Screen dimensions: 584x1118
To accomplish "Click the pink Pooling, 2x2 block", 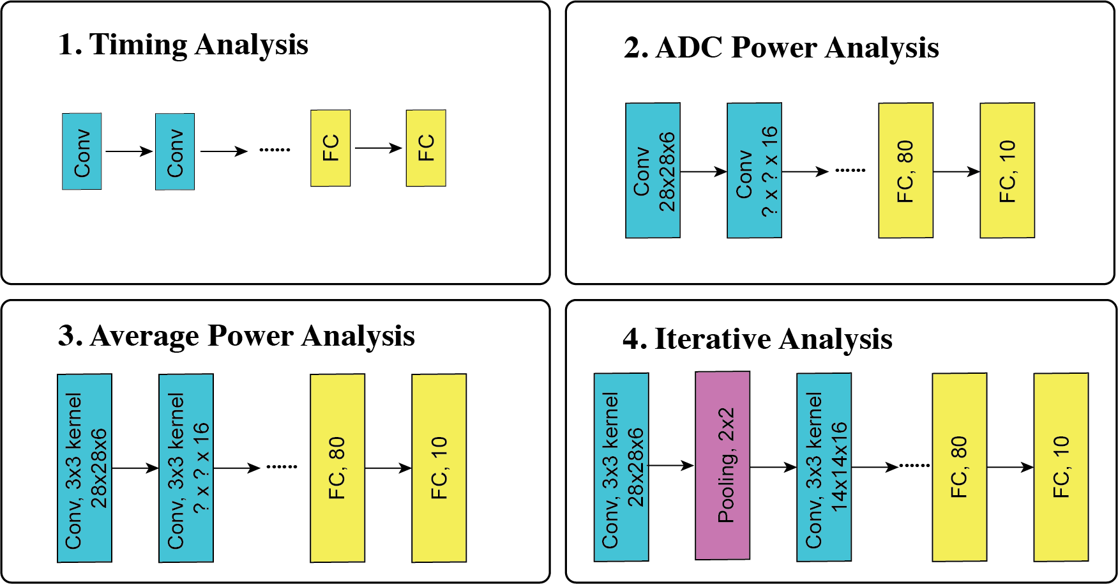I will (722, 466).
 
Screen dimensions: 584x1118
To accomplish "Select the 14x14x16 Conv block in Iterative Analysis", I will (824, 467).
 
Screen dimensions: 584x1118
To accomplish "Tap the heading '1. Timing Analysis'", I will (183, 45).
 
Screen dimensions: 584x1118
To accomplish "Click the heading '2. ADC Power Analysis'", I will (781, 48).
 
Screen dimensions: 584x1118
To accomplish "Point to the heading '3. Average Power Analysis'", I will (236, 336).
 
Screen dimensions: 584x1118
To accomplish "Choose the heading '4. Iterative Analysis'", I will (757, 339).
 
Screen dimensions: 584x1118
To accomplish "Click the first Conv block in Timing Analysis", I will (82, 151).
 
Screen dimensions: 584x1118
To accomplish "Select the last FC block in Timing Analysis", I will (426, 148).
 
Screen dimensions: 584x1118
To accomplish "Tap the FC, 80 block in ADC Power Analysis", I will (905, 171).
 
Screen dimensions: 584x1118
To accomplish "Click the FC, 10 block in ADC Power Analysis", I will (1007, 171).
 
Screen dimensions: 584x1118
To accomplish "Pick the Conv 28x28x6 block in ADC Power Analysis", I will (653, 171).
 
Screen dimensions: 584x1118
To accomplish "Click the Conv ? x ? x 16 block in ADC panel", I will (754, 171).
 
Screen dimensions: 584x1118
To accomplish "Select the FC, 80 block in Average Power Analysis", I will (337, 468).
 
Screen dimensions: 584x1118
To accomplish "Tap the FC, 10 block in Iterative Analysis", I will (1061, 467).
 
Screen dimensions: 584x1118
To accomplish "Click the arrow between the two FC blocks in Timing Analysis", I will (378, 148).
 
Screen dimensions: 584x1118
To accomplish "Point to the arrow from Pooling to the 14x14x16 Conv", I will (773, 467).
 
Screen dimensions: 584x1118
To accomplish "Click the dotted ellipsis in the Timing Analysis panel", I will (275, 150).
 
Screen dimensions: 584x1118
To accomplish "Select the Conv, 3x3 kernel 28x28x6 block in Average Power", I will (84, 468).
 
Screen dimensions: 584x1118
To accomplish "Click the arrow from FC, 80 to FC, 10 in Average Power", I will (388, 468).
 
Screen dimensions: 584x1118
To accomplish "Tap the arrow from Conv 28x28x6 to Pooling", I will (671, 466).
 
